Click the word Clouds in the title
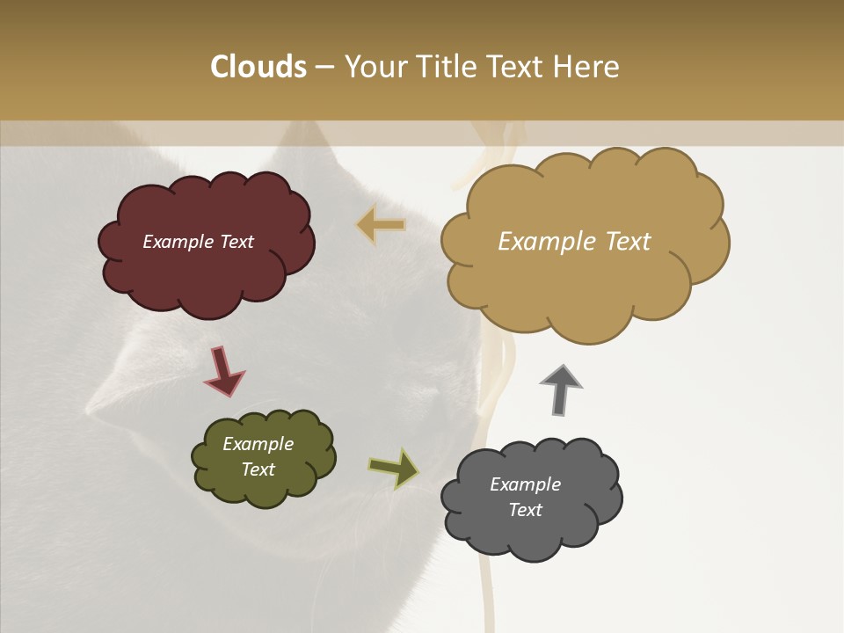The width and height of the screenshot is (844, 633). point(258,67)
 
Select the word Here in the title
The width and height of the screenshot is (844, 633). point(587,67)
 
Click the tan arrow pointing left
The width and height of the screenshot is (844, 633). point(382,225)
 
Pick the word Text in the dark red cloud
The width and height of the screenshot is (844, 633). point(236,242)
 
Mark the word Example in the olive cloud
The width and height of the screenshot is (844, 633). point(258,444)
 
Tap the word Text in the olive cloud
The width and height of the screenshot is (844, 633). point(258,469)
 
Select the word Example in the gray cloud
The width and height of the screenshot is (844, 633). point(525,484)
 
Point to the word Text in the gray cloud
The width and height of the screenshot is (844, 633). point(526,510)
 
